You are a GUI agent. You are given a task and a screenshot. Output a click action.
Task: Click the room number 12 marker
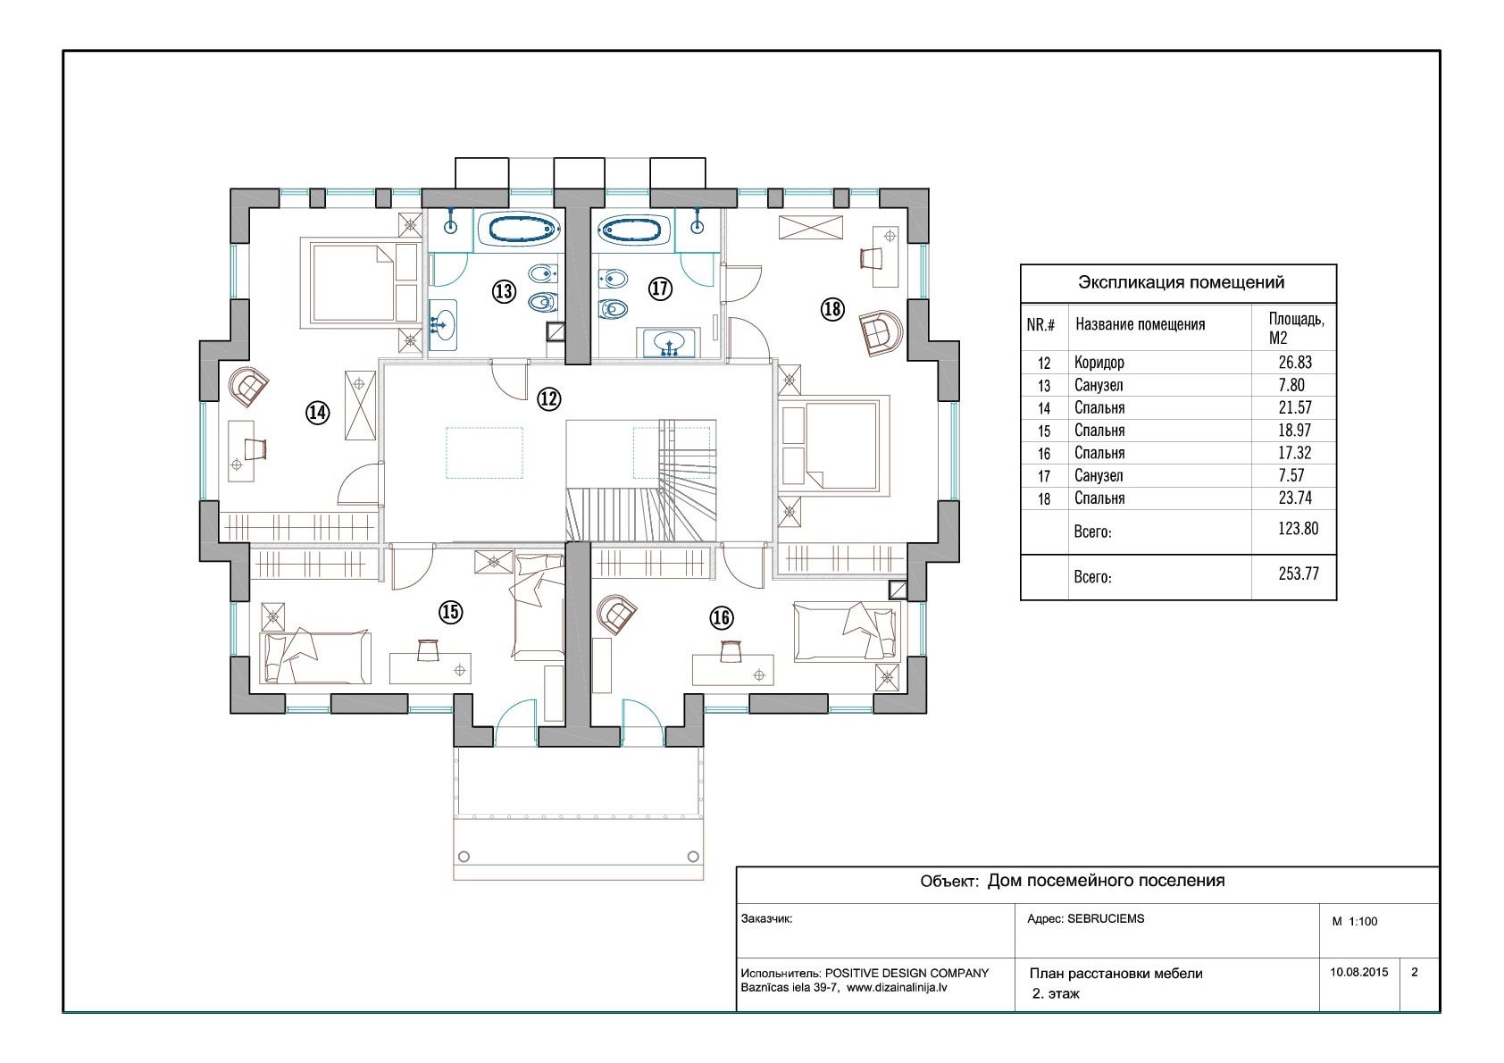tap(548, 399)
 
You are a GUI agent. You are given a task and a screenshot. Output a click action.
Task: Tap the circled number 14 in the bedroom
tap(318, 413)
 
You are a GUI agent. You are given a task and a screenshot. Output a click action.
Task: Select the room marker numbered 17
tap(660, 289)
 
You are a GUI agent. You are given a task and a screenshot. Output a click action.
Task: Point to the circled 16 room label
tap(722, 618)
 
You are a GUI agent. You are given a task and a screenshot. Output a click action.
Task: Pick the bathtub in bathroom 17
tap(633, 230)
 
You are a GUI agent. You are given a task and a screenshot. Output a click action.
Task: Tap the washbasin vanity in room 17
tap(668, 343)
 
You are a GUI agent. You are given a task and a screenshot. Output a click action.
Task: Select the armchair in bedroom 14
tap(248, 385)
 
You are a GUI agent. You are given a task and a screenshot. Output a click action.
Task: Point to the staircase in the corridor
tap(641, 480)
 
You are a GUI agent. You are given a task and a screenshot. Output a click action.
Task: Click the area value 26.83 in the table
tap(1294, 363)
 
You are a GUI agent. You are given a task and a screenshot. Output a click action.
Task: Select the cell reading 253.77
tap(1299, 573)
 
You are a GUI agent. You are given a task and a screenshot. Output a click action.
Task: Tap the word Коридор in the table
tap(1099, 363)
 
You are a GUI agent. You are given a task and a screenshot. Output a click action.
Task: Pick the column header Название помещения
tap(1141, 324)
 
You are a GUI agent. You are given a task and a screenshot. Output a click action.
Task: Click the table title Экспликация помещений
tap(1181, 282)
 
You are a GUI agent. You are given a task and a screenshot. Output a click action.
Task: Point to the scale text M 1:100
tap(1354, 921)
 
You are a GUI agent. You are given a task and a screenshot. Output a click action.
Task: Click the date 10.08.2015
tap(1359, 972)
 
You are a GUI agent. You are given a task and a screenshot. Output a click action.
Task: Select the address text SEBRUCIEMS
tap(1106, 918)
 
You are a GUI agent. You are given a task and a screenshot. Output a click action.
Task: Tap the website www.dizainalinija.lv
tap(897, 988)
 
